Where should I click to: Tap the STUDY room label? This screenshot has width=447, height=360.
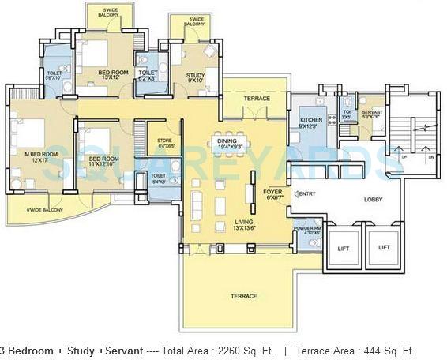[195, 77]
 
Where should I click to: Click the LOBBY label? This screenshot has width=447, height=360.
[372, 200]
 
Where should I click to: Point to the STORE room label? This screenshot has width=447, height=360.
[165, 142]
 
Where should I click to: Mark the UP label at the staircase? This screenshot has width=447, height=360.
[404, 156]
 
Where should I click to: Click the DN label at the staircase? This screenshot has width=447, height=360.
[431, 156]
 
